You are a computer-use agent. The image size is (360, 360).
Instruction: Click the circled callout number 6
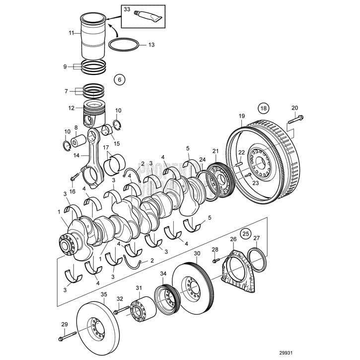click(x=119, y=78)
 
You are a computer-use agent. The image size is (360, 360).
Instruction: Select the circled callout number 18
click(x=263, y=108)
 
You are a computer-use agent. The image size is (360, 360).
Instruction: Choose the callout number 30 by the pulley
click(x=197, y=253)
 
